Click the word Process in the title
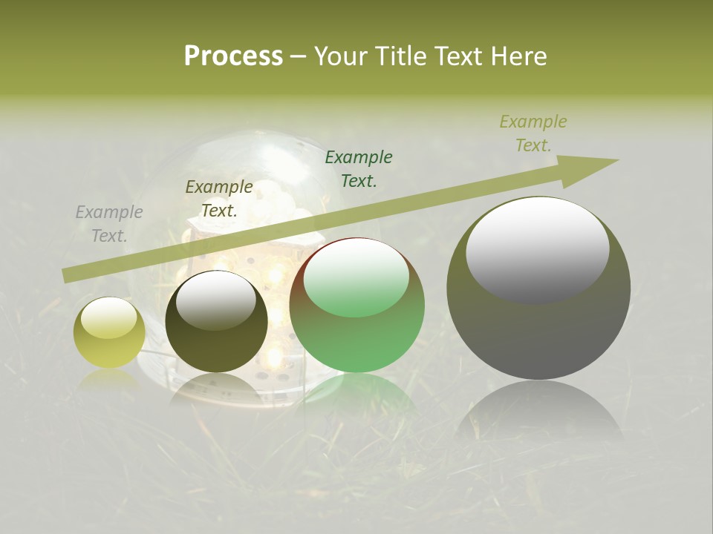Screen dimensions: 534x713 (x=233, y=56)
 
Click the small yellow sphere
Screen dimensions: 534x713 (x=109, y=332)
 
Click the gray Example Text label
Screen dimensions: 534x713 (x=109, y=224)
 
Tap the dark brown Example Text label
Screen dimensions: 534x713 (x=219, y=199)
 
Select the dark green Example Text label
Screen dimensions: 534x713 (x=359, y=168)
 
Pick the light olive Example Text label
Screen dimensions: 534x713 (x=533, y=133)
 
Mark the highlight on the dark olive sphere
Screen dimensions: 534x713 (x=216, y=300)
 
